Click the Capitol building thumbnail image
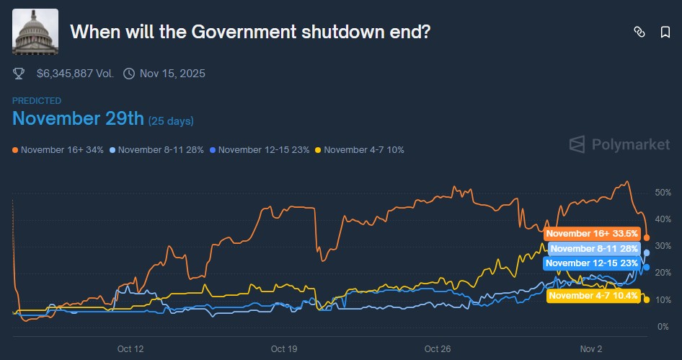coord(35,32)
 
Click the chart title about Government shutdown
coord(250,32)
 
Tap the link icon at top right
coord(639,32)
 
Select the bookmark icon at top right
coord(665,32)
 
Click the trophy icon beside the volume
coord(19,73)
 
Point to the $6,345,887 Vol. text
coord(75,73)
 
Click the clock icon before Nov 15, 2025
coord(129,73)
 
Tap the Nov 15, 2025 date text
coord(173,73)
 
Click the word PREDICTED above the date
coord(37,101)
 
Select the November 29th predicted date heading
coord(79,118)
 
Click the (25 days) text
coord(171,120)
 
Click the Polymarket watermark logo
coord(619,144)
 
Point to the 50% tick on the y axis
coord(663,193)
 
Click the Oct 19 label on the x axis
coord(284,349)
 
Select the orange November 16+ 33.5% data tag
coord(592,233)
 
